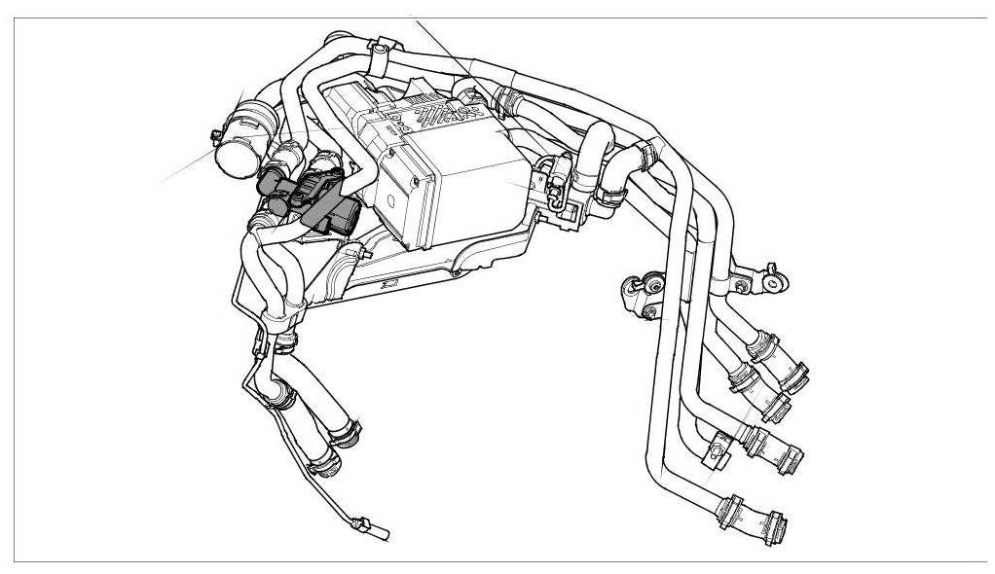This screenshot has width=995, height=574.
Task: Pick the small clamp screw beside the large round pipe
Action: click(x=212, y=133)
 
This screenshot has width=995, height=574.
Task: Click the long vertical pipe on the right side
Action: click(x=662, y=370)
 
